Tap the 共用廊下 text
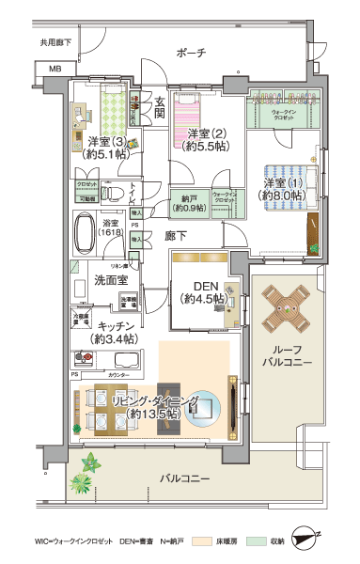(55, 43)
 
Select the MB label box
(54, 70)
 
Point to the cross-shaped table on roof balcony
(286, 306)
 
